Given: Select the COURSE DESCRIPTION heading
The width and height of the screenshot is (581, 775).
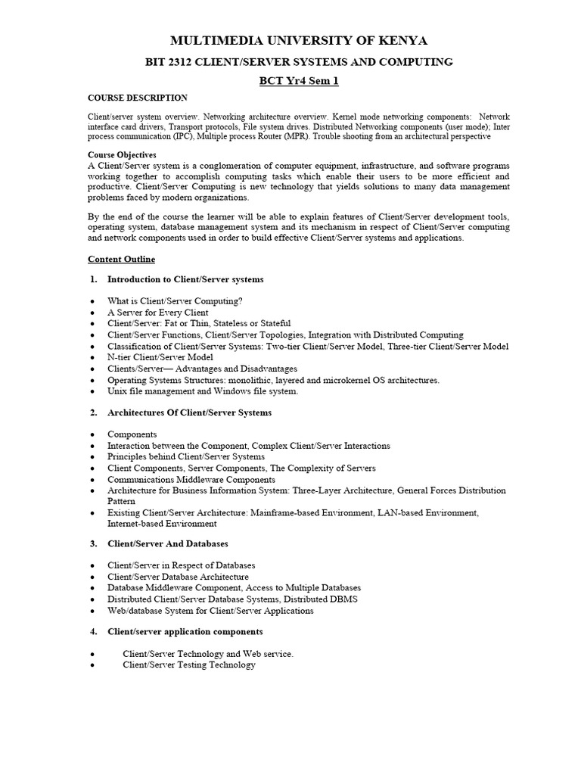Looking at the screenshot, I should [x=138, y=98].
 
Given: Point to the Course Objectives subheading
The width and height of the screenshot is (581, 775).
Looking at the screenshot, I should [x=123, y=154].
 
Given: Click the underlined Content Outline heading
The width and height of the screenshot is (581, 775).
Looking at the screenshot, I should [x=122, y=259].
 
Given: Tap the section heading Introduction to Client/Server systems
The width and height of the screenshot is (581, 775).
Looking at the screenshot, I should [x=185, y=279].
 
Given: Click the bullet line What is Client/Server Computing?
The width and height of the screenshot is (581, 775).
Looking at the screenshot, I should [x=175, y=300].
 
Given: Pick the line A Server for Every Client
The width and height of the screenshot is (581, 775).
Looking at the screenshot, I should [x=158, y=312].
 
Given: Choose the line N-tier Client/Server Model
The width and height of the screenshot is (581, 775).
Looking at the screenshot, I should [x=160, y=357].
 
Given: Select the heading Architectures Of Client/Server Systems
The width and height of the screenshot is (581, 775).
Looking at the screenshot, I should [x=189, y=412].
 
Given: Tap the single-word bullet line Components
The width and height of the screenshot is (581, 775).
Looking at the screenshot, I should [x=132, y=434].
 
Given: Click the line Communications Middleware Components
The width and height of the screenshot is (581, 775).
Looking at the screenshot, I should [x=191, y=480].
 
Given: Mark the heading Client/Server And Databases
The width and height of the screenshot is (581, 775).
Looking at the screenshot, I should [x=168, y=543].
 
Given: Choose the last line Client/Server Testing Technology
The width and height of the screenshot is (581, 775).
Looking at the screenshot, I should [x=189, y=665].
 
